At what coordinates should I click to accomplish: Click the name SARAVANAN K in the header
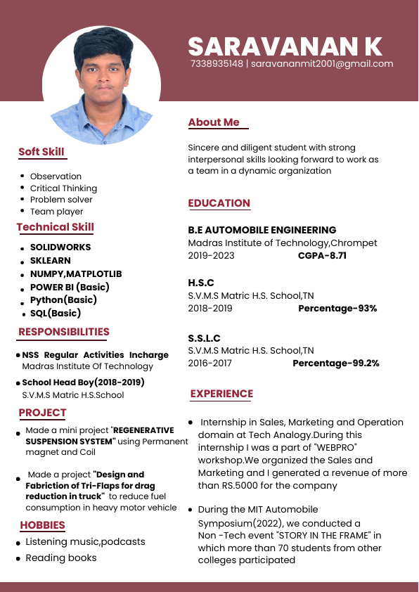285,46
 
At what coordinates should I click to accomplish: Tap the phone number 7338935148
217,64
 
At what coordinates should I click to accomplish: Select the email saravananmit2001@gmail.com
322,64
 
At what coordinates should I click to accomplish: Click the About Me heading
214,122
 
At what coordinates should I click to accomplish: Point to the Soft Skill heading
41,152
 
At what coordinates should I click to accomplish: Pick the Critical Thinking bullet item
63,188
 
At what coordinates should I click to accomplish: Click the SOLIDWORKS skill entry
60,247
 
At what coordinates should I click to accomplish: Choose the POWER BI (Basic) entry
70,287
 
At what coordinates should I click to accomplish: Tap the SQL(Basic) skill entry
56,313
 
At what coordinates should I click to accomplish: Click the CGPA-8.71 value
322,255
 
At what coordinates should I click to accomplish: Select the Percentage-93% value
337,308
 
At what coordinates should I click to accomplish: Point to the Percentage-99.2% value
335,363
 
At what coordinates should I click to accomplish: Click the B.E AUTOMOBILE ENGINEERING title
262,230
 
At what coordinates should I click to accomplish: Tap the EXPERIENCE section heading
221,394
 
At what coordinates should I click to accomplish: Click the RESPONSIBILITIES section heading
64,332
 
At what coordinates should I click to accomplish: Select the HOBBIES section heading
42,525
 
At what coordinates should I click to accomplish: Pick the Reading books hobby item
61,558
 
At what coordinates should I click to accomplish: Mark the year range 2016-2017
209,363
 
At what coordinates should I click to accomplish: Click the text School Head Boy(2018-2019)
83,382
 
